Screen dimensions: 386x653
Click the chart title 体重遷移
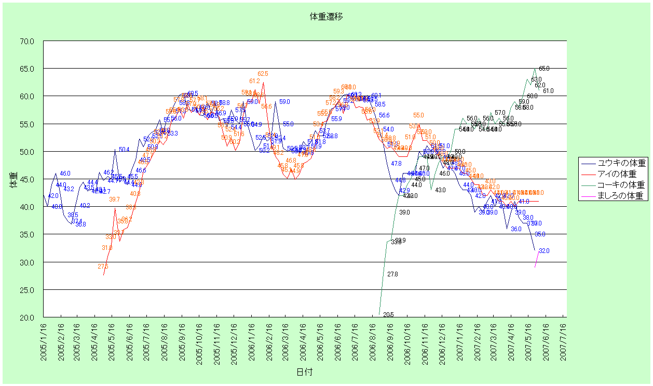point(326,17)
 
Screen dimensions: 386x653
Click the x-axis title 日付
point(305,372)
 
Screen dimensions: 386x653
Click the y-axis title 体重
point(13,179)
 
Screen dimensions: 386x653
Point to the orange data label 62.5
point(263,74)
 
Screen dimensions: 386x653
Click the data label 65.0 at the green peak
point(544,69)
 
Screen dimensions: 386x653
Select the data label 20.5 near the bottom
point(388,315)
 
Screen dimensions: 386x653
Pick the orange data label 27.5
point(103,267)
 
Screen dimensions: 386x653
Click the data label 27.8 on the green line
point(392,274)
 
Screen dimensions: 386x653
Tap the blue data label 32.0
point(544,251)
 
